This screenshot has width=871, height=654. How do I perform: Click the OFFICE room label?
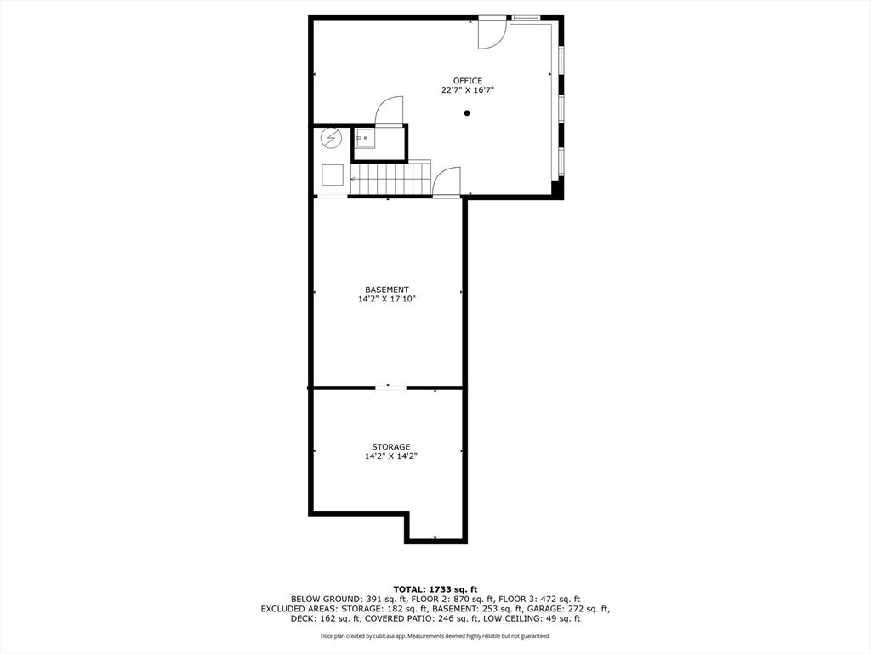468,81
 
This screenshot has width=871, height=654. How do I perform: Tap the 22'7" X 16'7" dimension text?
468,90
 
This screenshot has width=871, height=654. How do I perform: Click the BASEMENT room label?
387,290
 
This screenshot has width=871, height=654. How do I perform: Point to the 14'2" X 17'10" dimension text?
387,299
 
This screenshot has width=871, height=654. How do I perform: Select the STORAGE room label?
391,446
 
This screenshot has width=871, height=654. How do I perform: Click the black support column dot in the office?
467,113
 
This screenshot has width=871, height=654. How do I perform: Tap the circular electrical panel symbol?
332,139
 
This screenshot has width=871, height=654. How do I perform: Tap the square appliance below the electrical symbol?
333,175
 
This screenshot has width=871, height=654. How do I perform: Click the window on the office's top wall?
526,19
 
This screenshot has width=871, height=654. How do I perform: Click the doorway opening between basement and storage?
391,387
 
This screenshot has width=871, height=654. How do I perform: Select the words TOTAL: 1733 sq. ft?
435,589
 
